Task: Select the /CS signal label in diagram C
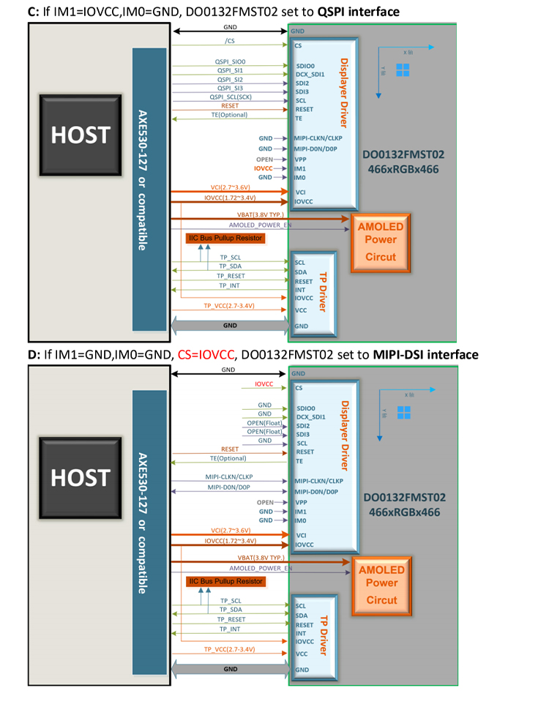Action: (x=231, y=41)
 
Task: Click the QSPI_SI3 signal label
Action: (x=231, y=88)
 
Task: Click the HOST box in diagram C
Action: (x=80, y=135)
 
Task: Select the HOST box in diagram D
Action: (x=80, y=477)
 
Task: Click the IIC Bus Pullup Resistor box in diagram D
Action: (x=225, y=581)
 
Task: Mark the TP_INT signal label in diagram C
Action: (x=230, y=285)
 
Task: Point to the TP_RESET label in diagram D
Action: (x=231, y=619)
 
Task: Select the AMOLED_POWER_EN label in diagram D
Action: (x=260, y=568)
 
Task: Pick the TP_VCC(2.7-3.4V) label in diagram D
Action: (x=229, y=649)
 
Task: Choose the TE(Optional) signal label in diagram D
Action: (x=227, y=457)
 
